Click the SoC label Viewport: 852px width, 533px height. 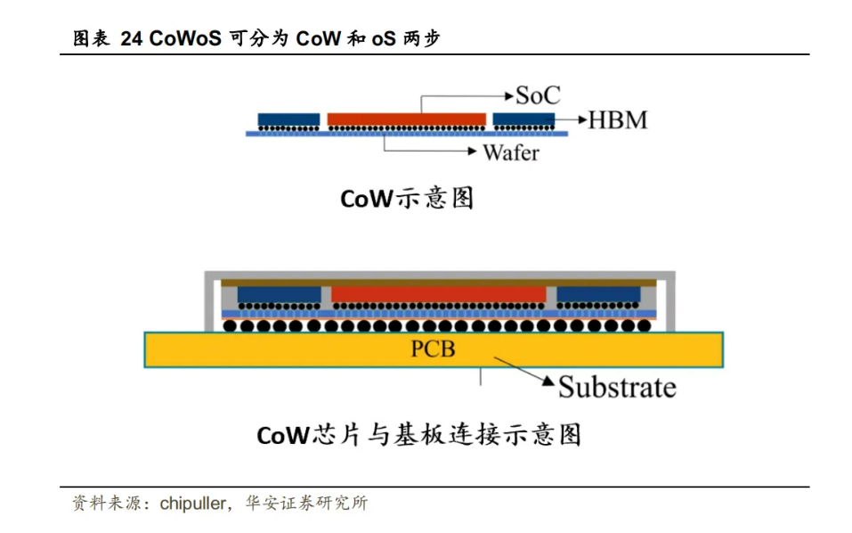(538, 94)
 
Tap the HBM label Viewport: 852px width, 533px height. (617, 119)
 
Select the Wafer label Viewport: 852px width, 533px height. (510, 152)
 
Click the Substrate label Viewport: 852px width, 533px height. (616, 387)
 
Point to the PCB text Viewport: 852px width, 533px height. (433, 348)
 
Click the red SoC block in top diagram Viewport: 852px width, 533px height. (407, 119)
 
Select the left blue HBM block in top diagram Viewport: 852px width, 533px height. (288, 119)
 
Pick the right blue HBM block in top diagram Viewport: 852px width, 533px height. (523, 119)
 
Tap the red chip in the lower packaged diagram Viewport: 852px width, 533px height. (438, 294)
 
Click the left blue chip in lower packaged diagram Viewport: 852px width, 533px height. (279, 294)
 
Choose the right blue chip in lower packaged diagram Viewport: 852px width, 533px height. (598, 294)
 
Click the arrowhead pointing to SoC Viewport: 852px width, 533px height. (508, 94)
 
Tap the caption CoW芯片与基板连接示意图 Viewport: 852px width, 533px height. (418, 435)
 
